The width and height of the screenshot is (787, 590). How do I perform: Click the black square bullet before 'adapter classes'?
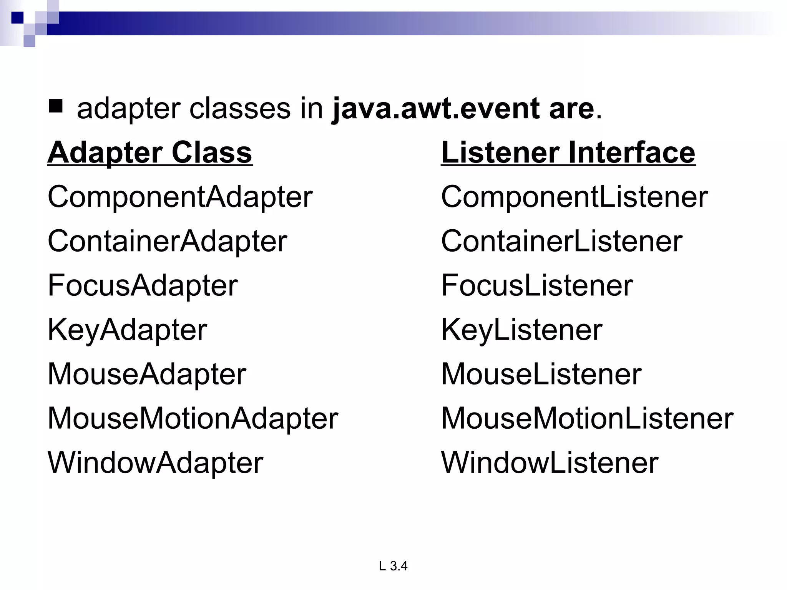pyautogui.click(x=56, y=106)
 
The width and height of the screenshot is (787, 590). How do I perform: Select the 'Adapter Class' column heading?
pyautogui.click(x=150, y=152)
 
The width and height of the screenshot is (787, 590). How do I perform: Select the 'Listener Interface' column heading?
pyautogui.click(x=568, y=152)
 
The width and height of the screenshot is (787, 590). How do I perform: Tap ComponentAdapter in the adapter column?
pyautogui.click(x=180, y=197)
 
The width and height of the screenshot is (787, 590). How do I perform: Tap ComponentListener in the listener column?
pyautogui.click(x=574, y=197)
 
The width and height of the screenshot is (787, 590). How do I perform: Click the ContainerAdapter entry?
pyautogui.click(x=167, y=242)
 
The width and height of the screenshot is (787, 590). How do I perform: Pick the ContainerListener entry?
pyautogui.click(x=561, y=242)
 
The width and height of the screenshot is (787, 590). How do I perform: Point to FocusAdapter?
pyautogui.click(x=143, y=286)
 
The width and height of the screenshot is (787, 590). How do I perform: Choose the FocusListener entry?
pyautogui.click(x=537, y=286)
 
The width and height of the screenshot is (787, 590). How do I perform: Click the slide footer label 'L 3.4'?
pyautogui.click(x=393, y=566)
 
